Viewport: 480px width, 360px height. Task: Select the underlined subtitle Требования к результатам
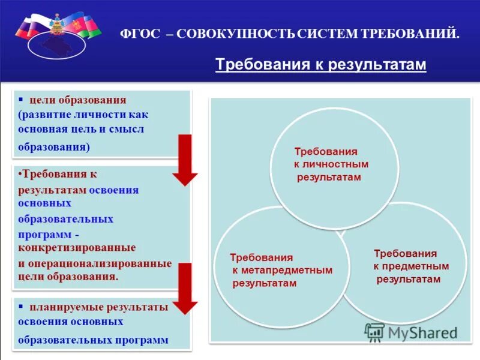pyautogui.click(x=320, y=64)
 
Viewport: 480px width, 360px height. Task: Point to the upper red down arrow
pyautogui.click(x=185, y=159)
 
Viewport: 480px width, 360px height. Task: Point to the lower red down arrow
pyautogui.click(x=185, y=288)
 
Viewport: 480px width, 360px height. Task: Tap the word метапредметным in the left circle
pyautogui.click(x=282, y=270)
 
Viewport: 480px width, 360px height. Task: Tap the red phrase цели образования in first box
pyautogui.click(x=78, y=100)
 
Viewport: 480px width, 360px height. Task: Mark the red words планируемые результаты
pyautogui.click(x=99, y=307)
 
